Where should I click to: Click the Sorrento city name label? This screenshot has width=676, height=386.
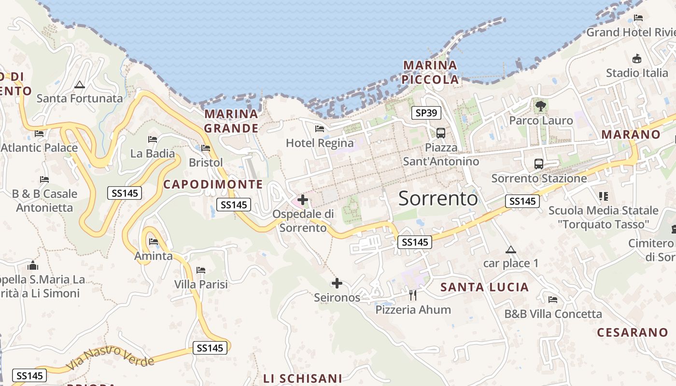pos(438,198)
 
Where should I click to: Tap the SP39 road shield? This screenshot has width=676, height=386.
pos(426,113)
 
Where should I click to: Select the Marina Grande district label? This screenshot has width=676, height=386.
pos(231,121)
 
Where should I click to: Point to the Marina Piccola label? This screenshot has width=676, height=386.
pos(430,72)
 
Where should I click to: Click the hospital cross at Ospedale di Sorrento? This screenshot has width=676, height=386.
pos(303,199)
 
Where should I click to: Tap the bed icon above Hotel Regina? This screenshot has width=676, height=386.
pos(319,128)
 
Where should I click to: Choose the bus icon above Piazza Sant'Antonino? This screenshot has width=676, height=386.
pos(440,133)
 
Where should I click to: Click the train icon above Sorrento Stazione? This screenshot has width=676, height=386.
pos(539,164)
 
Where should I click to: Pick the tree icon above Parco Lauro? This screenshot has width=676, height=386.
pos(540,106)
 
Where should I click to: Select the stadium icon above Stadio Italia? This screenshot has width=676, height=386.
pos(637,58)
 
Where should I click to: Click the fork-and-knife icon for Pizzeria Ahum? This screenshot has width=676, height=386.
pos(413,295)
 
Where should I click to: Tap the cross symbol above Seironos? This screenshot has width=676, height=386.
pos(337,283)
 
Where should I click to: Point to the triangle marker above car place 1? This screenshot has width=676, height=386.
pos(510,249)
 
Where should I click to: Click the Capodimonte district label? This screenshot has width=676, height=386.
pos(213,184)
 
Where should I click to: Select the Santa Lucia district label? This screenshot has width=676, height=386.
pos(485,288)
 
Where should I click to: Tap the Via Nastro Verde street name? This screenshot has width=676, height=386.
pos(110,358)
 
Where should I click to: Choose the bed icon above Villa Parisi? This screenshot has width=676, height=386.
pos(201,270)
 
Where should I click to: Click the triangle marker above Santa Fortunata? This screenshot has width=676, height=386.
pos(80,85)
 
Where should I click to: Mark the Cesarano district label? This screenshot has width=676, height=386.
pos(633,332)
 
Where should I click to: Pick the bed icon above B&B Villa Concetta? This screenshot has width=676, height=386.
pos(553,300)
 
